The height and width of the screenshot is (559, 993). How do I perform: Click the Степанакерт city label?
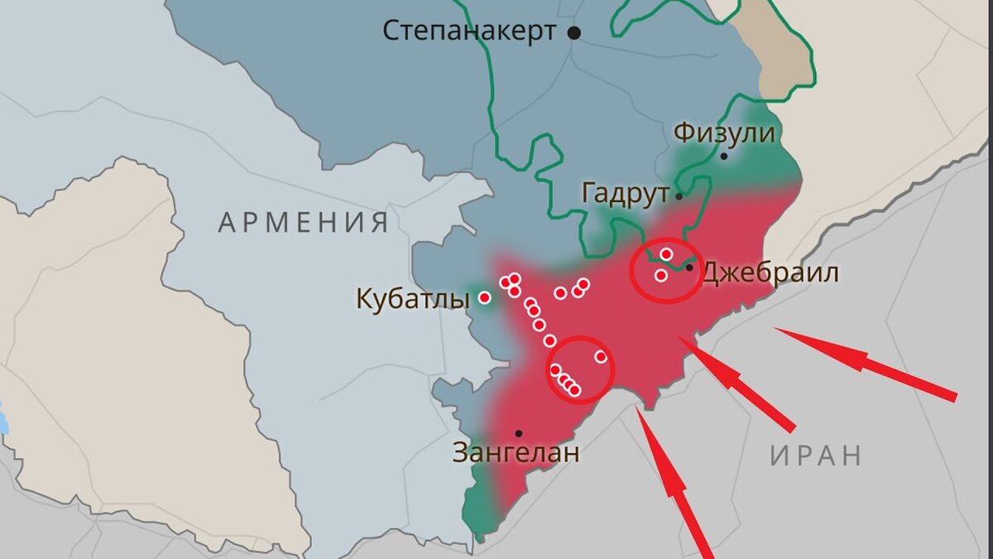click(468, 31)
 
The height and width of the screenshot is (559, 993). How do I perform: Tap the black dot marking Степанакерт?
click(573, 32)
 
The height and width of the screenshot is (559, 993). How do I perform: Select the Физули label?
click(724, 133)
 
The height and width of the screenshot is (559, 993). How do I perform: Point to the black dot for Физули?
click(724, 156)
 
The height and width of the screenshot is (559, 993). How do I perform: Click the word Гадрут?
click(625, 195)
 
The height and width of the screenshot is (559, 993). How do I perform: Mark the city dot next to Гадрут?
click(679, 196)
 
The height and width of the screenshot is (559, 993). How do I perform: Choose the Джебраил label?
click(770, 273)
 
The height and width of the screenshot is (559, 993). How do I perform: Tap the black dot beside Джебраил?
click(689, 267)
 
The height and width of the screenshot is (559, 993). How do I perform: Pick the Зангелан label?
click(516, 453)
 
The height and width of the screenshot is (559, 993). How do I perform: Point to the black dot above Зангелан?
click(519, 433)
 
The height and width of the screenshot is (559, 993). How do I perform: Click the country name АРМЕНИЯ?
click(303, 222)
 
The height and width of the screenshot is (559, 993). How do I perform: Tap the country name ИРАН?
click(816, 455)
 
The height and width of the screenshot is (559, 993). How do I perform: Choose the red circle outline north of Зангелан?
click(581, 369)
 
